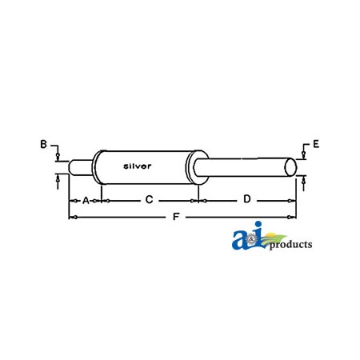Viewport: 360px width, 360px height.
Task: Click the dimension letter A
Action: pyautogui.click(x=85, y=199)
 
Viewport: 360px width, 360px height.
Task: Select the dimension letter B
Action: pyautogui.click(x=44, y=144)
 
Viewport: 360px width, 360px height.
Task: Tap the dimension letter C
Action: pyautogui.click(x=149, y=199)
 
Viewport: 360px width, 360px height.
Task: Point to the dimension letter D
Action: pyautogui.click(x=247, y=198)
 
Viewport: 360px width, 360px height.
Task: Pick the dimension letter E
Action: pyautogui.click(x=316, y=144)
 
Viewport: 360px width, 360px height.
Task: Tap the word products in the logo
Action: pyautogui.click(x=290, y=245)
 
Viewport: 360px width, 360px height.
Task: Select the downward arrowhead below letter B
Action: pyautogui.click(x=58, y=157)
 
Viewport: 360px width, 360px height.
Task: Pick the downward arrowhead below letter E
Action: pyautogui.click(x=303, y=157)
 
